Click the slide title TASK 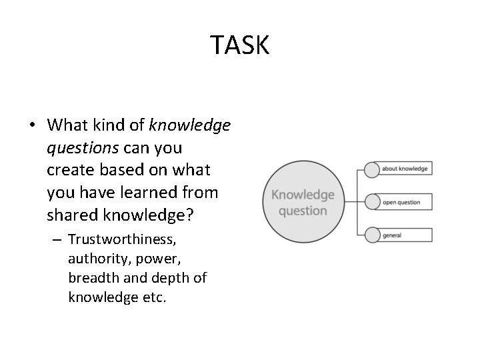point(240,45)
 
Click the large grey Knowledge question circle point(302,202)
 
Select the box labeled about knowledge point(404,169)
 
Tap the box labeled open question point(404,202)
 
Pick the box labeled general point(404,235)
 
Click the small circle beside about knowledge point(370,168)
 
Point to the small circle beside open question point(370,201)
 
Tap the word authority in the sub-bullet point(96,257)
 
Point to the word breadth point(91,277)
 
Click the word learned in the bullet point(158,193)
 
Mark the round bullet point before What point(32,125)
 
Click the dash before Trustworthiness point(57,239)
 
